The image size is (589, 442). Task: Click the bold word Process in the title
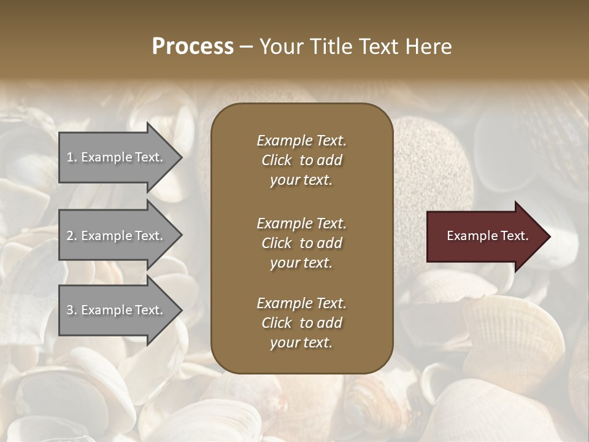click(193, 47)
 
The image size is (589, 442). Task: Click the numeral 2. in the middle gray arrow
click(72, 236)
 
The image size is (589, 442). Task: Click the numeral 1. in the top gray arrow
click(72, 157)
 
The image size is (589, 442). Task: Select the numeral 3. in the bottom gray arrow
click(72, 310)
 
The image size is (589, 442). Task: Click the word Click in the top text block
click(276, 160)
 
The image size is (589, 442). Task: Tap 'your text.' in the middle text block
click(301, 263)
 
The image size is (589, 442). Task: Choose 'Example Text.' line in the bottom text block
click(301, 303)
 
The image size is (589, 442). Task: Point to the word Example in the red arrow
click(468, 236)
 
